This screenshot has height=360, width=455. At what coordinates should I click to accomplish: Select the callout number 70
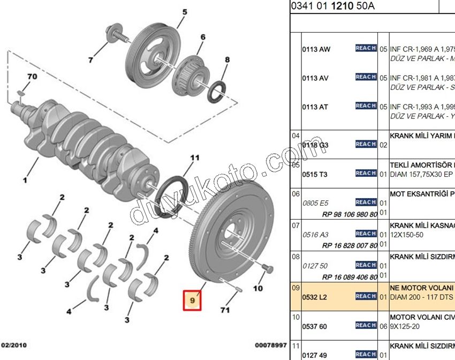point(32,77)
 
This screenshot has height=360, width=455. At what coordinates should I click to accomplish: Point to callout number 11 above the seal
point(194,157)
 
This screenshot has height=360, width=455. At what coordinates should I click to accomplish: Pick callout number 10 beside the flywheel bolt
point(258,288)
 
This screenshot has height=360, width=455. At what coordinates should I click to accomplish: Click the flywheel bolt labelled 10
point(268,268)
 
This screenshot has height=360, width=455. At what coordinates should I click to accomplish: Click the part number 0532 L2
point(315,296)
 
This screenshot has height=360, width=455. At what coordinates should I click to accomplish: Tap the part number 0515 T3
point(315,174)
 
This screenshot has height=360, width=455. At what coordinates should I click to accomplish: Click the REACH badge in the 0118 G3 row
point(366,144)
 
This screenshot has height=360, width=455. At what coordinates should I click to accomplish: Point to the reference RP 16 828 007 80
point(350,245)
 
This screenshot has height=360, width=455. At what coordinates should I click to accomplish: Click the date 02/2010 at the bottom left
point(13,345)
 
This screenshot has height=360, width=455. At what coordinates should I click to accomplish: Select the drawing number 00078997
point(270,345)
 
